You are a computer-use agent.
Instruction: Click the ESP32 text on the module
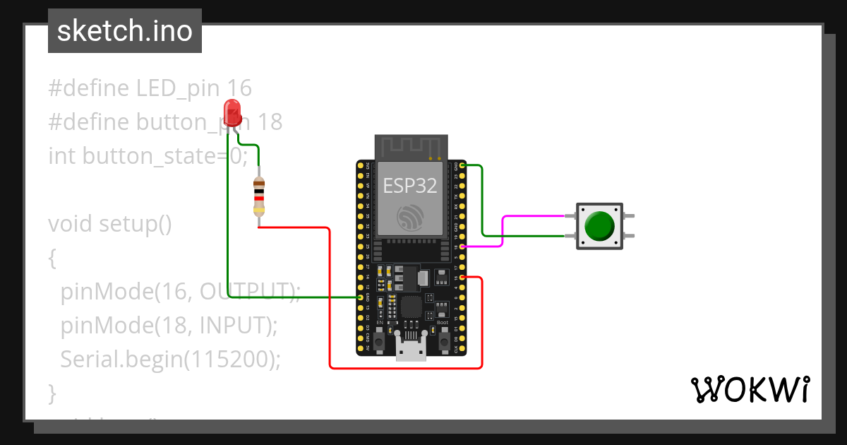coord(409,186)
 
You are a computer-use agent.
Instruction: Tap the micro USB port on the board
coord(411,350)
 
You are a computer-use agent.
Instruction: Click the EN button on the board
coord(379,343)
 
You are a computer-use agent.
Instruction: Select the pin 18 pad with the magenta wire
coord(462,247)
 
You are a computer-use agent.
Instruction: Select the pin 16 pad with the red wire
coord(462,278)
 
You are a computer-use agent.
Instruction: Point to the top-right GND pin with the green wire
coord(462,165)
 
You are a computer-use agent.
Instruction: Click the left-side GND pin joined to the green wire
coord(361,298)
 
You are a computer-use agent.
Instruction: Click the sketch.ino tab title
coord(124,31)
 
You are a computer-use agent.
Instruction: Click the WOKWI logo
coord(750,389)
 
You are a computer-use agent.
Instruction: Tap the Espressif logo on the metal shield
coord(409,218)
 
